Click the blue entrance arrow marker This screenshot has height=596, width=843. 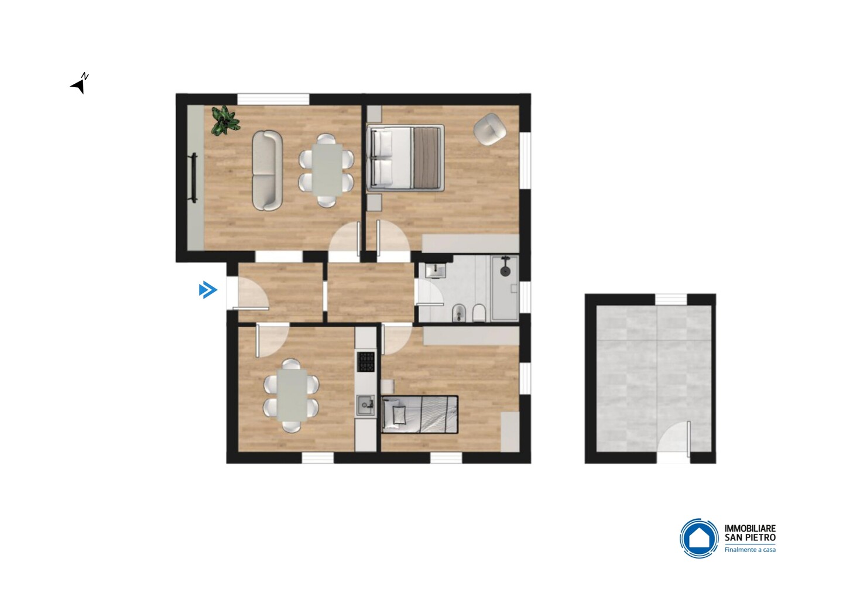point(208,290)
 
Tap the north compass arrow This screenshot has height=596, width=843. point(78,87)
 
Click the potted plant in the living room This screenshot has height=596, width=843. point(225,121)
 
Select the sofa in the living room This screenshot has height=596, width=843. point(267,170)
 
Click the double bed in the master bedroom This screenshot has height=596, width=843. point(405,158)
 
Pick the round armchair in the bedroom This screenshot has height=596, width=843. point(489,129)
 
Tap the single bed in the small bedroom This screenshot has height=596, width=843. point(420,415)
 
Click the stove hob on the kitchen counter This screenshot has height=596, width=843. point(366,362)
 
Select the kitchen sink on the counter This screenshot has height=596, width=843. point(365,405)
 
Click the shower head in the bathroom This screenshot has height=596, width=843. point(504,270)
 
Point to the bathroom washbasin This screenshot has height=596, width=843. point(436,270)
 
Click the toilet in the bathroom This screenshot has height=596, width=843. point(479,312)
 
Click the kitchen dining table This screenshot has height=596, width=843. point(292,395)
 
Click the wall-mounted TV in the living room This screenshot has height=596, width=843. point(194,178)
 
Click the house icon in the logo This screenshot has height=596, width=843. point(699,539)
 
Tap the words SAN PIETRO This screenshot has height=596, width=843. point(750,537)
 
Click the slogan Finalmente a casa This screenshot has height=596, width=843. point(750,550)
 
